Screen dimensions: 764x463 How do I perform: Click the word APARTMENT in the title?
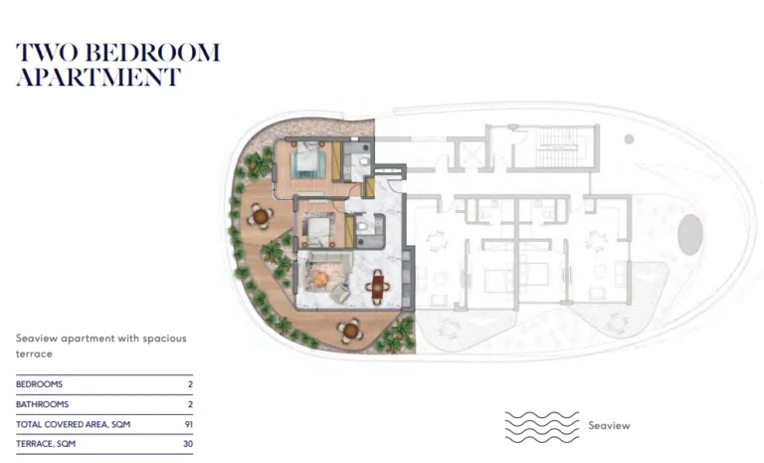click(98, 77)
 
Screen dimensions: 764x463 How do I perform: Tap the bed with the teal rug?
click(308, 160)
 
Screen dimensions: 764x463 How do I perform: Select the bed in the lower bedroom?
click(318, 230)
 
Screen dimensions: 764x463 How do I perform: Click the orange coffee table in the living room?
click(319, 279)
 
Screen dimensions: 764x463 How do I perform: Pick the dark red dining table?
click(378, 287)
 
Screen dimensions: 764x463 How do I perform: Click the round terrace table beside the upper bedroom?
click(261, 216)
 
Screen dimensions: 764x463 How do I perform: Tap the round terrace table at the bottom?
click(350, 332)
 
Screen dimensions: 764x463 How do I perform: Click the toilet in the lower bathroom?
click(361, 225)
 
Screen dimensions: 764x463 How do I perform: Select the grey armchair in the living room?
click(340, 293)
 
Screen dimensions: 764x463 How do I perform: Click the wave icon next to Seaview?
click(542, 427)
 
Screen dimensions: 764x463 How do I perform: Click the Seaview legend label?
click(609, 425)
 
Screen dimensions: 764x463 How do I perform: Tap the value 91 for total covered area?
click(189, 424)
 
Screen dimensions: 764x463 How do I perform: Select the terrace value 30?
click(188, 444)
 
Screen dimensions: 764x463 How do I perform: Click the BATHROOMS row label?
click(43, 404)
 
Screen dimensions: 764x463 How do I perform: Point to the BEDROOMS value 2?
click(191, 384)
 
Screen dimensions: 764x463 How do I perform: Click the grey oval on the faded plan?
click(690, 234)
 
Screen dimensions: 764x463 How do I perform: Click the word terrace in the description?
click(34, 354)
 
